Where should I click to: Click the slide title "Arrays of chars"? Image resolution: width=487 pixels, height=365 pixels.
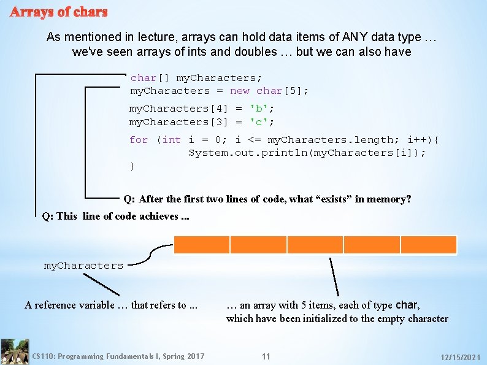pos(59,12)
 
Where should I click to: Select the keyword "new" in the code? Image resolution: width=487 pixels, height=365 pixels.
pos(240,91)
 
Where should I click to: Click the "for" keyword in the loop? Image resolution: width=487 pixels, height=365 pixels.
pos(139,140)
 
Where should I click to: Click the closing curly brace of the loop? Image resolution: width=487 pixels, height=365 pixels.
pos(132,166)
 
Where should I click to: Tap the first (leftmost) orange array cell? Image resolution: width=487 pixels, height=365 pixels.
pos(202,245)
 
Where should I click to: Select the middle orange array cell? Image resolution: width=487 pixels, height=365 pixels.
pos(315,245)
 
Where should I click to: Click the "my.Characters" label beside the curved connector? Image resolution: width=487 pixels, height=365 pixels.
pos(83,266)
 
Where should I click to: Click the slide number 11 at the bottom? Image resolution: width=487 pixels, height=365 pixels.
pos(266,356)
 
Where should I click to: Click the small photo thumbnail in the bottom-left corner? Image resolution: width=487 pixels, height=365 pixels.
pos(15,352)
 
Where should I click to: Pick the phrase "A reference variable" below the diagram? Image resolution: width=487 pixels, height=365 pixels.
pos(67,305)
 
